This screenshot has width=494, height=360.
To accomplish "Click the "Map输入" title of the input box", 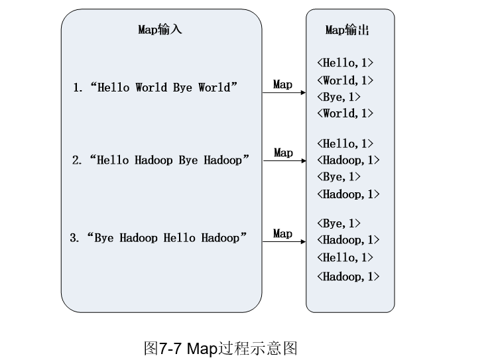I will click(x=160, y=30).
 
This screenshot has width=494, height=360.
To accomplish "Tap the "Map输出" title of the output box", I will click(x=347, y=30).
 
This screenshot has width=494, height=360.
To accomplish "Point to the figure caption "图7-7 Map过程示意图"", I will click(x=220, y=347).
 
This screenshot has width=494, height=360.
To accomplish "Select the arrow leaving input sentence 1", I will click(x=284, y=93).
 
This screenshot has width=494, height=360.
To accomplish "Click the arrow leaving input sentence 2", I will click(x=284, y=160).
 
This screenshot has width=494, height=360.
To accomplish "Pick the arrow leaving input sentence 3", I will click(x=284, y=241).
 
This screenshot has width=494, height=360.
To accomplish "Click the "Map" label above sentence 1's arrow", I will click(x=282, y=84).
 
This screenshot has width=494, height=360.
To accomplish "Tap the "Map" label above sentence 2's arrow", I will click(x=283, y=152).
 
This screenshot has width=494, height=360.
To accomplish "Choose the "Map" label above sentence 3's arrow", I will click(x=282, y=233).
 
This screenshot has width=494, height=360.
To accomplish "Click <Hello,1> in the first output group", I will click(x=345, y=63).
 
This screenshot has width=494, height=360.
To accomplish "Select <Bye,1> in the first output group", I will click(x=339, y=97).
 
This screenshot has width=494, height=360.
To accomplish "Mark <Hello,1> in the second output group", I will click(x=345, y=144).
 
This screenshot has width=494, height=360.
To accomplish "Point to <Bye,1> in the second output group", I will click(x=339, y=177).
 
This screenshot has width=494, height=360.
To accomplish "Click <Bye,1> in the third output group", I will click(x=339, y=223).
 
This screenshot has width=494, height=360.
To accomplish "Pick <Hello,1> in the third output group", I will click(x=345, y=257).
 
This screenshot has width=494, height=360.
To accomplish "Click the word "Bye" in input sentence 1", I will click(x=182, y=88).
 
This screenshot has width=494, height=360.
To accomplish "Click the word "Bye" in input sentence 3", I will click(x=105, y=238).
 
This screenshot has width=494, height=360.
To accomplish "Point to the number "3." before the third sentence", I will click(x=74, y=238).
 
